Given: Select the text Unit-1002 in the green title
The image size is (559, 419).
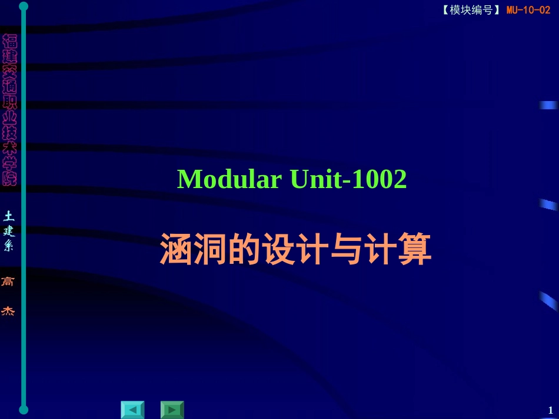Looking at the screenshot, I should click(349, 179).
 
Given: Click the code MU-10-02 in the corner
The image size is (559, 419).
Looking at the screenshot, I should click(528, 10).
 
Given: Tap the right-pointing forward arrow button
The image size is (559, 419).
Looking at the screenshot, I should click(172, 410).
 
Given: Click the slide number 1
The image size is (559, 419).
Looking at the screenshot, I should click(550, 410).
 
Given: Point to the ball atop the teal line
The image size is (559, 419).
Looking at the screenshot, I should click(24, 6).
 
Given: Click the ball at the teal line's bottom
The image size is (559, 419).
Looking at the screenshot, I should click(24, 409).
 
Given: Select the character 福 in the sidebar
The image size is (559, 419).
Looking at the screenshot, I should click(9, 41).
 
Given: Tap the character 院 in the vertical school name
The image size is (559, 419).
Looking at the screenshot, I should click(9, 178).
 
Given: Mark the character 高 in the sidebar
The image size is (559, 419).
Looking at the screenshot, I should click(9, 281).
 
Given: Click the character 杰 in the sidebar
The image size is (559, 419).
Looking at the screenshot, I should click(9, 311).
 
